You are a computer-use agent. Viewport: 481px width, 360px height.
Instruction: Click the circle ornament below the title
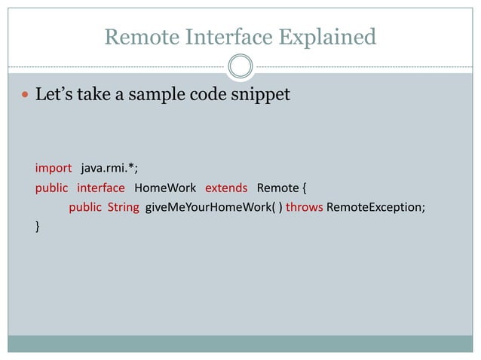(240, 67)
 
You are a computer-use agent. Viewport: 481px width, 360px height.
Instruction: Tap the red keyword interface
(100, 187)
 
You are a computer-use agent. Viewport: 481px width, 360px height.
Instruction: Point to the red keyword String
(123, 207)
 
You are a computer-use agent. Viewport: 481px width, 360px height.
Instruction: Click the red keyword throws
(305, 207)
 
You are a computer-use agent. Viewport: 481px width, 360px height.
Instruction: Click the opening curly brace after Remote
(304, 187)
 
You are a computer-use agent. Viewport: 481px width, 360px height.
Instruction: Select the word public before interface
(51, 187)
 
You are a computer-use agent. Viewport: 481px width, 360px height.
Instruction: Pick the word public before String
(85, 207)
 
